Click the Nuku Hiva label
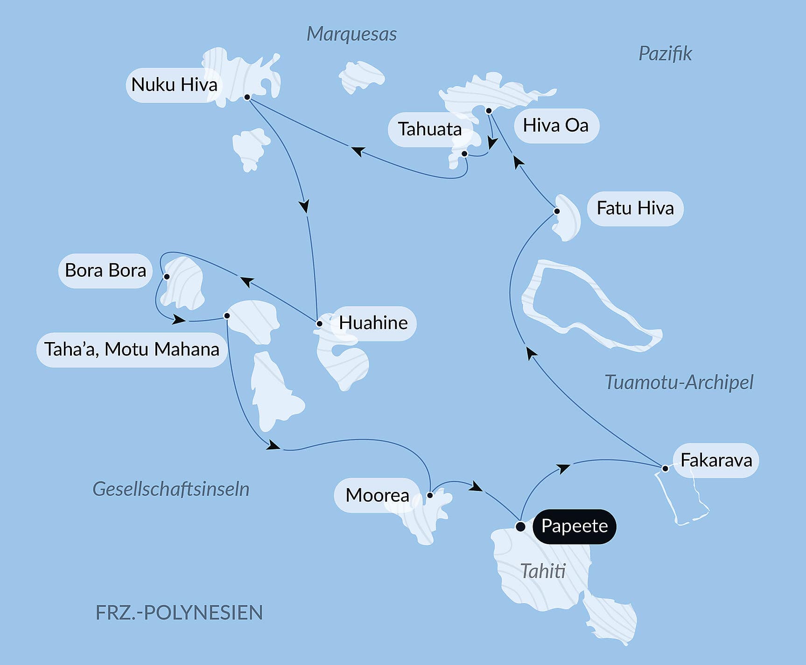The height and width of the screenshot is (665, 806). click(174, 85)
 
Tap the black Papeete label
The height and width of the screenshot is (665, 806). click(574, 526)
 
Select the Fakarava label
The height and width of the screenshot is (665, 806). click(716, 461)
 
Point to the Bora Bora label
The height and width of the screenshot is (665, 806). click(105, 271)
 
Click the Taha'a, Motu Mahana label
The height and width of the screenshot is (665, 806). click(132, 350)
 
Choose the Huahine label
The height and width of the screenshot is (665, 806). click(373, 323)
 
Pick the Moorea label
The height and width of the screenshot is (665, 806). click(377, 495)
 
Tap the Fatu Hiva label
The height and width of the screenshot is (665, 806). click(635, 209)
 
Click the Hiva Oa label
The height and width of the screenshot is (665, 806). click(555, 126)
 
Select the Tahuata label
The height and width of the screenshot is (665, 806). click(429, 129)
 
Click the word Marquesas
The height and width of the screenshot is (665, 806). click(351, 34)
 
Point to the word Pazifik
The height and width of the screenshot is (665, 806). click(665, 54)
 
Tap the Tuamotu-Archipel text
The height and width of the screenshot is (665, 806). click(679, 382)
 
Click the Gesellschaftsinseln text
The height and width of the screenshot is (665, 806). click(171, 489)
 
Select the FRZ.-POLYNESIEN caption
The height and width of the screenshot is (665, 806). click(179, 613)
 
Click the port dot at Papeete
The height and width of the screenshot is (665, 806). click(520, 527)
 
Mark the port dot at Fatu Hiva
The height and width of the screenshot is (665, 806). click(557, 211)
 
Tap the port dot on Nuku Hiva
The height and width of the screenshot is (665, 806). click(247, 97)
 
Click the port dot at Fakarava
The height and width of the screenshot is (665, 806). click(665, 468)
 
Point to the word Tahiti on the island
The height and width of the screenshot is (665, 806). click(543, 571)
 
